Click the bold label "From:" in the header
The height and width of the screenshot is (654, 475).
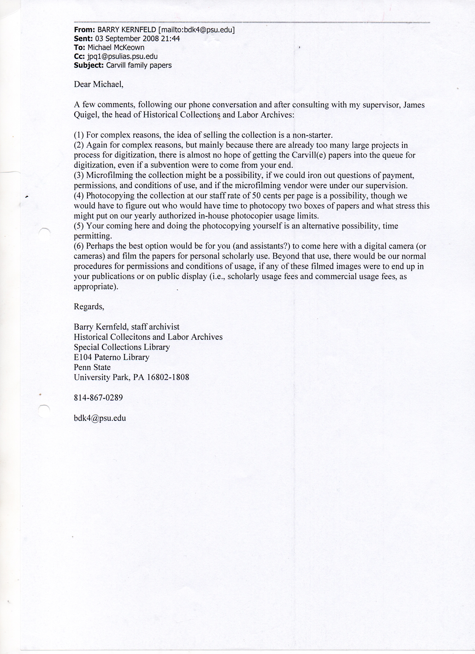point(82,30)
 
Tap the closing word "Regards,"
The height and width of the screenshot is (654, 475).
point(89,306)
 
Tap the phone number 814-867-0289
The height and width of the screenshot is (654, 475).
point(98,398)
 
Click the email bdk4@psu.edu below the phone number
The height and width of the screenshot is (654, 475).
point(100,418)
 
